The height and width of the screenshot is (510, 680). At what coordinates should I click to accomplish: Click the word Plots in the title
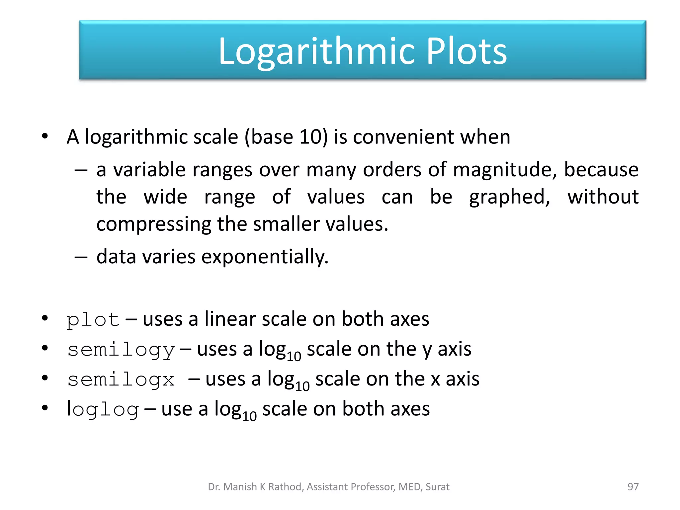[466, 51]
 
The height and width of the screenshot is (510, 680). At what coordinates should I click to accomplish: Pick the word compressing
[154, 224]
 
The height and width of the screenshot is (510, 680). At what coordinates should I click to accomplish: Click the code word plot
[93, 320]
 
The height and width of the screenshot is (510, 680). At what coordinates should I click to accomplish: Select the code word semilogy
[121, 350]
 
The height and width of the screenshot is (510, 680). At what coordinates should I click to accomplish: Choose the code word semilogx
[121, 380]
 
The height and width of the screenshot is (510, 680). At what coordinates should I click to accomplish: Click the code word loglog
[103, 409]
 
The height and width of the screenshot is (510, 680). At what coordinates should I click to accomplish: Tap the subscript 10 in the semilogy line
[294, 357]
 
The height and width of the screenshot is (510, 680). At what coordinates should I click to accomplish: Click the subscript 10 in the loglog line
[249, 416]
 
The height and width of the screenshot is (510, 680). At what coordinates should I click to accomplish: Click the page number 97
[633, 487]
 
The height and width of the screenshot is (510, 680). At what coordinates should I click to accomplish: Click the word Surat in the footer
[437, 487]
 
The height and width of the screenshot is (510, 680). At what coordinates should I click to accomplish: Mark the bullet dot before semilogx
[45, 378]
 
